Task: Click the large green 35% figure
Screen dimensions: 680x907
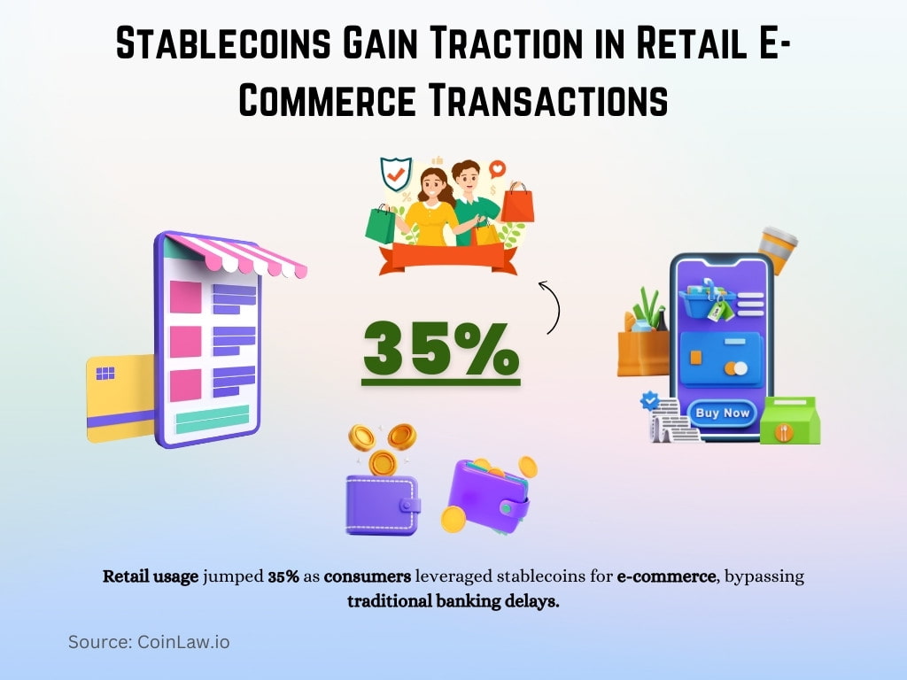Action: point(440,348)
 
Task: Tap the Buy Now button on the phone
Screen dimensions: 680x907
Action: point(722,413)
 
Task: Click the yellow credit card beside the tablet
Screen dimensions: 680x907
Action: point(120,398)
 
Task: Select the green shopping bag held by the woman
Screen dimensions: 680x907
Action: point(380,225)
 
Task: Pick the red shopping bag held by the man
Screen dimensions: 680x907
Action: point(518,204)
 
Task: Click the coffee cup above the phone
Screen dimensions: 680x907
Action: point(777,249)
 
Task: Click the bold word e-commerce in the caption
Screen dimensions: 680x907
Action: point(665,576)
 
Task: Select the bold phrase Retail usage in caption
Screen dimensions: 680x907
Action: point(151,576)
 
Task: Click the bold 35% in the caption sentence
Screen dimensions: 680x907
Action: point(283,576)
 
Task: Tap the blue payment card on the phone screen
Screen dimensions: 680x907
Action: point(720,359)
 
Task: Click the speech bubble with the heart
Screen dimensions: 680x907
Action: point(497,167)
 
